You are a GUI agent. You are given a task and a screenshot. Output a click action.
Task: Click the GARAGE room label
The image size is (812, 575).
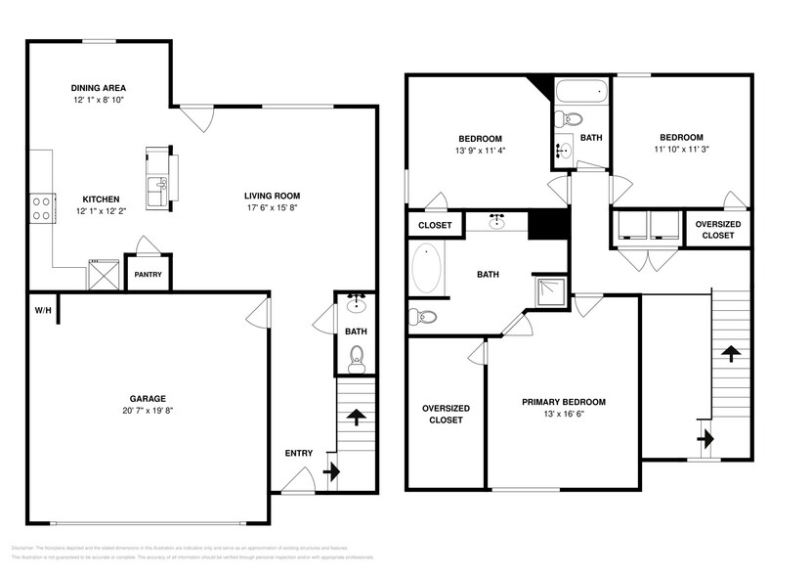(x=149, y=398)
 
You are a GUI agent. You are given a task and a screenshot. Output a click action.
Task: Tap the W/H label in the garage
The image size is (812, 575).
(x=42, y=311)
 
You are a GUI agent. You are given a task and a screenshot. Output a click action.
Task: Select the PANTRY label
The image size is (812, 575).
(x=149, y=275)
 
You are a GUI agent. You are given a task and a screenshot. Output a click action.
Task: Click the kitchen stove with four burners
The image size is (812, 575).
(x=42, y=207)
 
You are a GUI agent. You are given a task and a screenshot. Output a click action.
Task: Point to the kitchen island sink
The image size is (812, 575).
(x=158, y=184)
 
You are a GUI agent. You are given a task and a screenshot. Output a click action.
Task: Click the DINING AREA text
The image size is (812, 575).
(x=98, y=86)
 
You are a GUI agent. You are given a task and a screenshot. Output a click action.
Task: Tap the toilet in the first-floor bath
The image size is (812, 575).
(x=357, y=359)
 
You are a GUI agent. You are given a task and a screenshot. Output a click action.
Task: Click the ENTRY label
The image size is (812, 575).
(x=298, y=453)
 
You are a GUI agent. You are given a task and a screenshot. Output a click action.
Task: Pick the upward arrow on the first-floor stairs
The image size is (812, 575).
(x=356, y=419)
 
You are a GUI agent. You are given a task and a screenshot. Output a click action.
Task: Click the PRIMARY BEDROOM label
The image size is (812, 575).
(x=563, y=402)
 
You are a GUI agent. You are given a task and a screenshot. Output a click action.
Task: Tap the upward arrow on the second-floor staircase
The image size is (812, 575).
(x=729, y=352)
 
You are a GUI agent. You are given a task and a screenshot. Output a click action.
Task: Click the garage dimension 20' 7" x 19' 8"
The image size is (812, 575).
(x=149, y=412)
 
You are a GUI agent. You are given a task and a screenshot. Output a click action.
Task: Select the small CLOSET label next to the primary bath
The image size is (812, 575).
(x=435, y=225)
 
